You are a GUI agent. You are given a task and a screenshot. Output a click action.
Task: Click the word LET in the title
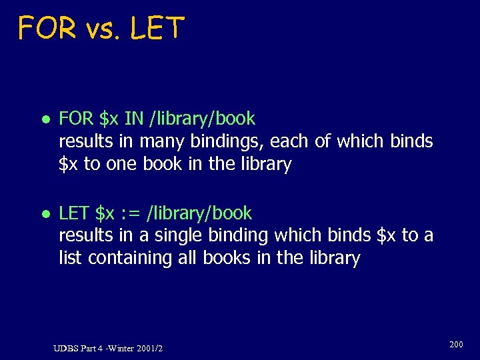(157, 29)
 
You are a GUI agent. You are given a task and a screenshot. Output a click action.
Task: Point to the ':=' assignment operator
(131, 213)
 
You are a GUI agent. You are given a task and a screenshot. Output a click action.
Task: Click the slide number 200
(456, 345)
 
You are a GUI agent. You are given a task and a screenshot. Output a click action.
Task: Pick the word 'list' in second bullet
(69, 258)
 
